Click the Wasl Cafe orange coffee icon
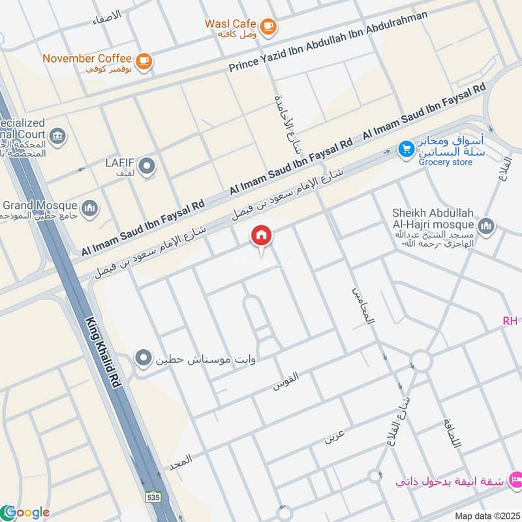pyautogui.click(x=268, y=27)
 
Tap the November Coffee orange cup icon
pyautogui.click(x=144, y=61)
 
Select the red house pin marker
pyautogui.click(x=262, y=236)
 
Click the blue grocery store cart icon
pyautogui.click(x=407, y=150)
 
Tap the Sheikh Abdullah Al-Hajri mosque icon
pyautogui.click(x=485, y=226)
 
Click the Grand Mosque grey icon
pyautogui.click(x=91, y=208)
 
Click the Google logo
pyautogui.click(x=26, y=512)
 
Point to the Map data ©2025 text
pyautogui.click(x=486, y=515)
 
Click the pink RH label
pyautogui.click(x=510, y=320)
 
